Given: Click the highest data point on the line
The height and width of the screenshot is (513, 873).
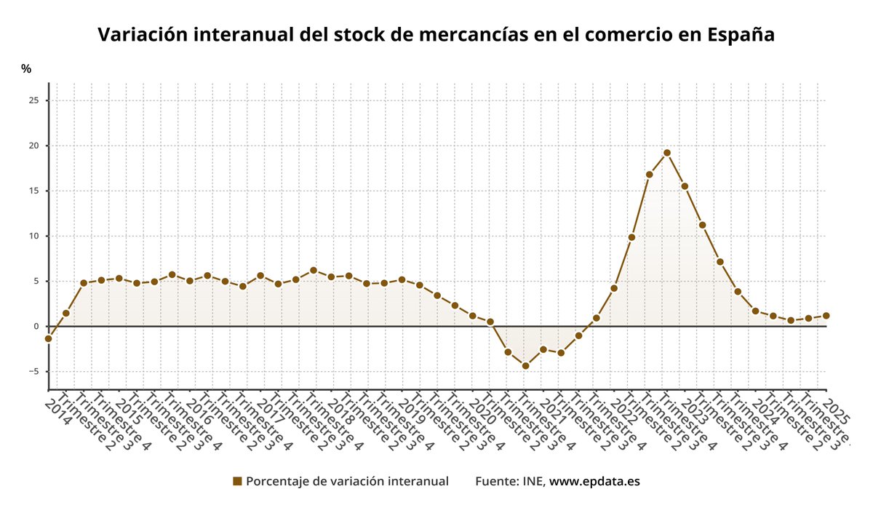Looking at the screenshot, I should coord(666,153).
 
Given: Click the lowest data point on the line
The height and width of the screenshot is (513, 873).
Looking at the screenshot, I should coord(525,366).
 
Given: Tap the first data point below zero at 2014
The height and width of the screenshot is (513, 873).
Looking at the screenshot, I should coord(48,338).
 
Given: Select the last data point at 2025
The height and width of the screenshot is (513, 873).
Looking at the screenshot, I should coord(826,316).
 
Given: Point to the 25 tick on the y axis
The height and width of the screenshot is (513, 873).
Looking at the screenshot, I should coord(33,100).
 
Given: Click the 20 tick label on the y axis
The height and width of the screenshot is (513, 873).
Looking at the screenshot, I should coord(33,146).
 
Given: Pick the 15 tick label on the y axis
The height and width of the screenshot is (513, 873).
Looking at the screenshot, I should coord(33,191).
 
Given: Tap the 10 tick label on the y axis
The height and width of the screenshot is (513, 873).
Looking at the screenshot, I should coord(33,236).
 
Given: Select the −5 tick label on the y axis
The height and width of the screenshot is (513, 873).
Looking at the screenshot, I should coord(33,371).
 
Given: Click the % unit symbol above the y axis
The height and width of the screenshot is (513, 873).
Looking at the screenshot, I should coord(26,69).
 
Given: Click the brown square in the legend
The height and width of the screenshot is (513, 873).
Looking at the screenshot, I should coord(237,482).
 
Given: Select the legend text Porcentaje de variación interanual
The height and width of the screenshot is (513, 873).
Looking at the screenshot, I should coord(347,482).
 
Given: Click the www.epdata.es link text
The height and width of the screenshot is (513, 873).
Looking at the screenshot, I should coord(594,482).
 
